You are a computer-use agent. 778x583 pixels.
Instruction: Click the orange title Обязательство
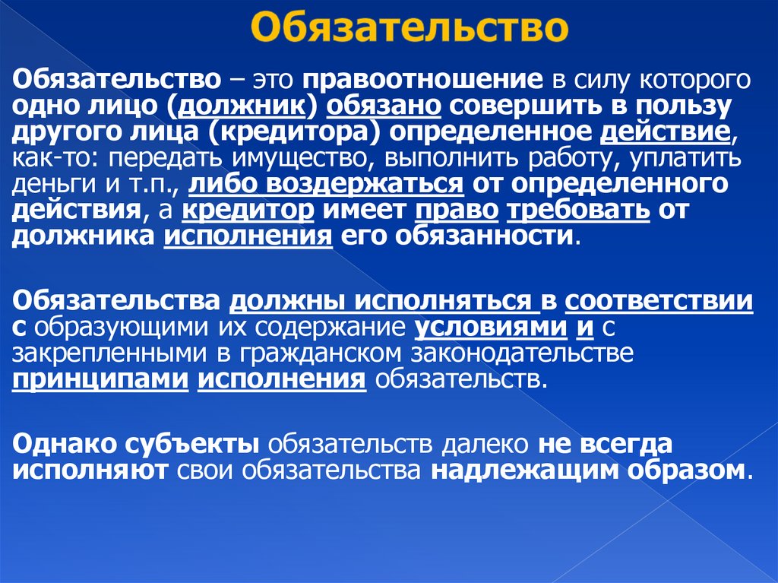(x=410, y=29)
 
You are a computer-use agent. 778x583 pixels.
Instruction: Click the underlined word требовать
(x=579, y=211)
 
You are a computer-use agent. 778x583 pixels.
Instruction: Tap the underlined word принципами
(x=100, y=380)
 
